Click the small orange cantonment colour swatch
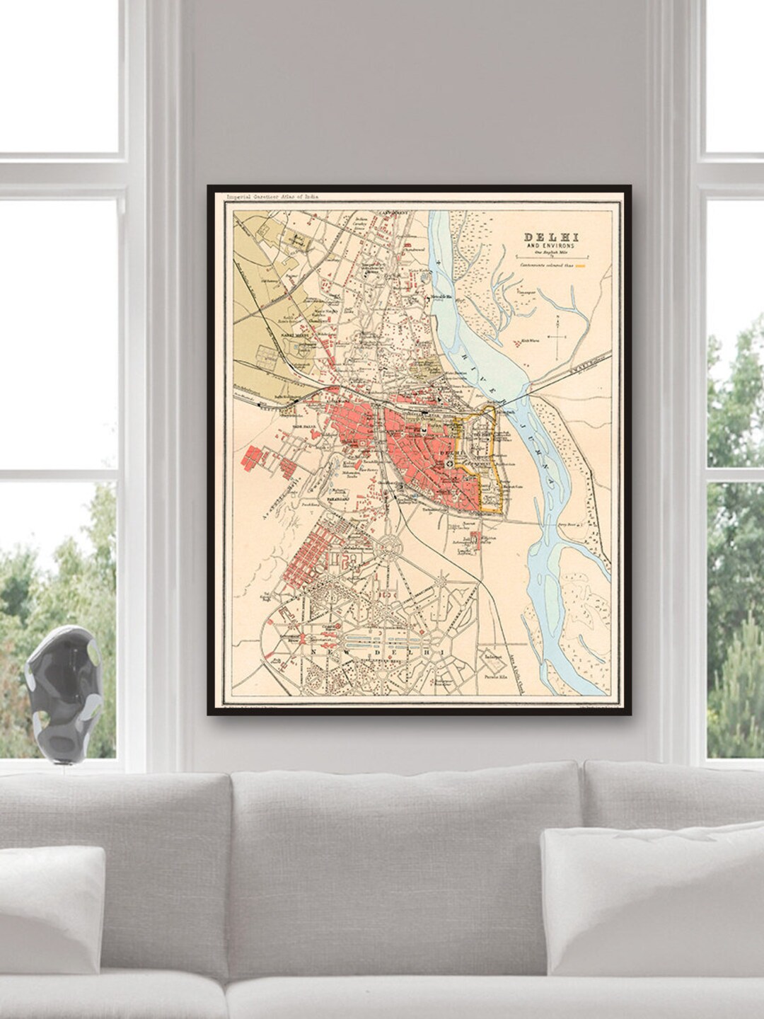pyautogui.click(x=581, y=266)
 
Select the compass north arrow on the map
pyautogui.click(x=558, y=338)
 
